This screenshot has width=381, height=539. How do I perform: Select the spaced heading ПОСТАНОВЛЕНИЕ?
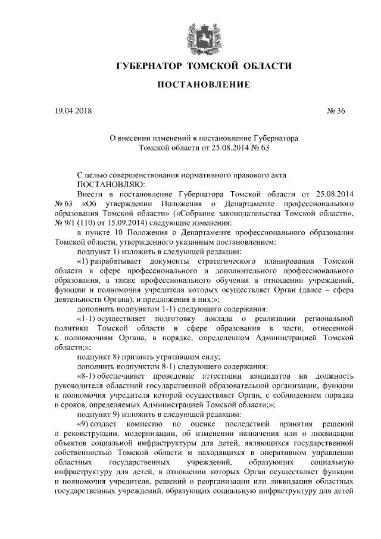(x=195, y=86)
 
